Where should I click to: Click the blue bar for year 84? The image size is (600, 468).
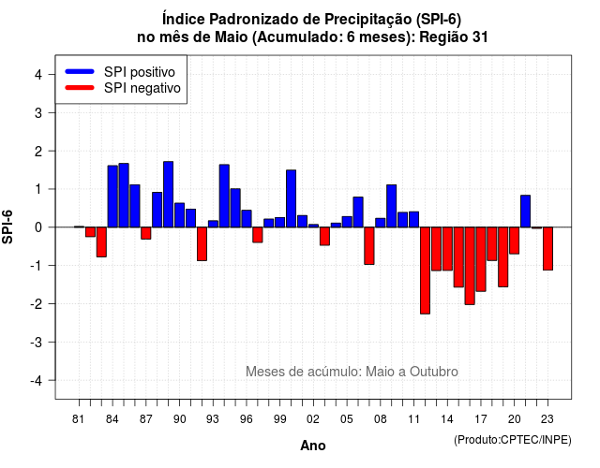point(112,197)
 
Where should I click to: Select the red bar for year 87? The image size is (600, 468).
point(146,233)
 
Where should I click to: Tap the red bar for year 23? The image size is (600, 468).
point(547,249)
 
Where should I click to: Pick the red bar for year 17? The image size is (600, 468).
point(481,259)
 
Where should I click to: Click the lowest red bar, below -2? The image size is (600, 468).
point(425,271)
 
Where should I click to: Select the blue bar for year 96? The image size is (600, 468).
point(247,218)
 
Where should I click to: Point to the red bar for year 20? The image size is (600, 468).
point(515,241)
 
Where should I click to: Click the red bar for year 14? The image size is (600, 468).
point(447,249)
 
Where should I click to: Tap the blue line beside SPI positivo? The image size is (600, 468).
point(80,71)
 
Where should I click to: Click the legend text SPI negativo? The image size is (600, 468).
point(142,88)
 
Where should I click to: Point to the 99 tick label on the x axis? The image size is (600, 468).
point(279,419)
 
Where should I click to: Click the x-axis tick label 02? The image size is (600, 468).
point(313,419)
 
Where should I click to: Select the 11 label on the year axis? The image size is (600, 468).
point(413,419)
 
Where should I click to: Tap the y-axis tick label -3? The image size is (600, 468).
point(37,343)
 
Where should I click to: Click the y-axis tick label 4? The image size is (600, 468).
point(38,75)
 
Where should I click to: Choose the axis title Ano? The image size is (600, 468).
point(313,446)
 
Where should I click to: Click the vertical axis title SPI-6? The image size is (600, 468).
point(7,227)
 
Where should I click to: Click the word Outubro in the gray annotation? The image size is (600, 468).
point(433,372)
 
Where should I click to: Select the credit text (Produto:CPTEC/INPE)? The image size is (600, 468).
point(513,440)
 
